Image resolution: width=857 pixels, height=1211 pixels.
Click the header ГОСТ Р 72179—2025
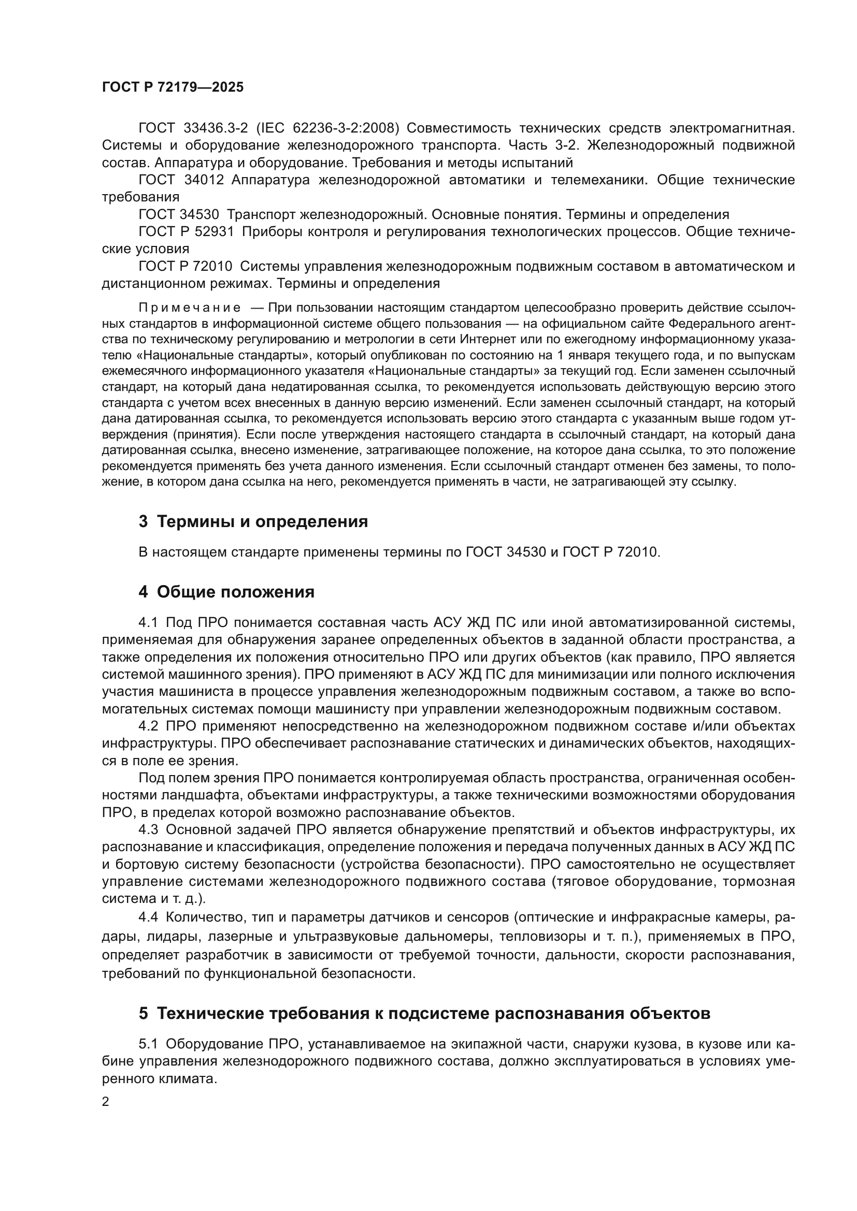[x=173, y=87]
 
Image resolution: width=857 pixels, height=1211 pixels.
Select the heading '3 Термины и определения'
[x=253, y=522]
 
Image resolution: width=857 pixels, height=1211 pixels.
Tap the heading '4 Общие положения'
[x=226, y=592]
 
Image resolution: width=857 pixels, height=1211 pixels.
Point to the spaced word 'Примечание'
[x=190, y=308]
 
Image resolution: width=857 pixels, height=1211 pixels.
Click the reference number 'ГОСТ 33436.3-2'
[x=193, y=128]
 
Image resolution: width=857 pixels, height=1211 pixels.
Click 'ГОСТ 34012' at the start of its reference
[x=181, y=180]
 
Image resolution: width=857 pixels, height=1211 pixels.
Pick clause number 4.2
[x=148, y=726]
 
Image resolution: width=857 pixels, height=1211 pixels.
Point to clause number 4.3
[x=148, y=829]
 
